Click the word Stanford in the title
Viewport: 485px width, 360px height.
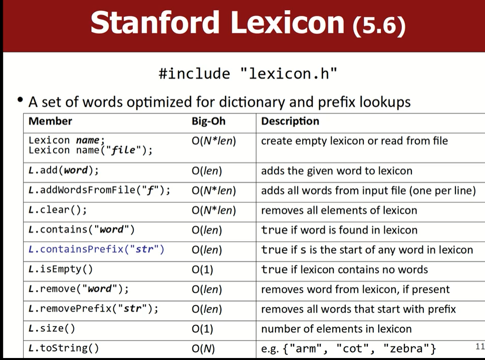(x=155, y=22)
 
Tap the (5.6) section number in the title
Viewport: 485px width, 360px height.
(x=379, y=25)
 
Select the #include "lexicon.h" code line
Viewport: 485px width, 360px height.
(x=248, y=74)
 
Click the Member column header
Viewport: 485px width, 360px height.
(x=50, y=121)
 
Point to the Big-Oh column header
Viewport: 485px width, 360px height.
(x=208, y=121)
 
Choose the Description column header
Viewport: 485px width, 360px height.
(x=290, y=121)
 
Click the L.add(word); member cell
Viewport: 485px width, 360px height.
(x=64, y=170)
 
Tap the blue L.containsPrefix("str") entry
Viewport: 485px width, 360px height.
(x=96, y=249)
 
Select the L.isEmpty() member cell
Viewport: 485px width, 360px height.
(x=61, y=269)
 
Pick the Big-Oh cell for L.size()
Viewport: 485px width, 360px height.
(x=202, y=329)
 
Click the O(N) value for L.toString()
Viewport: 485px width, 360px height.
(x=203, y=348)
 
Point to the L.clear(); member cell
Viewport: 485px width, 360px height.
(x=58, y=210)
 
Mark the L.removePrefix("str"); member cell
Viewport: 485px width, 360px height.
(x=93, y=309)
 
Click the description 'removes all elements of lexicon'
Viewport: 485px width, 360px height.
(x=339, y=210)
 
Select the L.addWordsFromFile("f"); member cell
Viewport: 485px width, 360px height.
(x=99, y=190)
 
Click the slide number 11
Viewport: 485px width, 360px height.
(x=480, y=346)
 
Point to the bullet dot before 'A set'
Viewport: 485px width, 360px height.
(x=21, y=100)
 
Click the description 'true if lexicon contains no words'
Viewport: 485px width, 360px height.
(x=344, y=269)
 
